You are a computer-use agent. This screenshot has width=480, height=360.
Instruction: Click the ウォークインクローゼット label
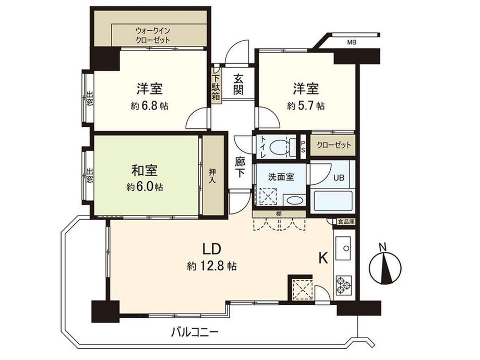pos(152,35)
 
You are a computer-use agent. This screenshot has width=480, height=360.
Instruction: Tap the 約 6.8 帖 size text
pos(149,106)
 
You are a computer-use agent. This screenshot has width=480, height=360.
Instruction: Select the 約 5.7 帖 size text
pos(306,106)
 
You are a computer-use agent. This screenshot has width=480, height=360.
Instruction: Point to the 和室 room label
pos(145,171)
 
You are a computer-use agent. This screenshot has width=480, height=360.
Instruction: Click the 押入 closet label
pos(212,175)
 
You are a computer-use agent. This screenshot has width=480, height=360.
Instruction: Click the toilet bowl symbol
pos(278,146)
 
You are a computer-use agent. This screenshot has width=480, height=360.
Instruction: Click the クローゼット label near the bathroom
pos(333,145)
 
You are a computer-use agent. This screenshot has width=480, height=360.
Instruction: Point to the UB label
pos(339,177)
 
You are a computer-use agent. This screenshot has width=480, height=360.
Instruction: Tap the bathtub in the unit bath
pos(333,201)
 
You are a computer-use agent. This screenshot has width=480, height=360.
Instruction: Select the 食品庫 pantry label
pos(346,222)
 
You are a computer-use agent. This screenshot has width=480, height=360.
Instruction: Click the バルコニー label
pos(195,332)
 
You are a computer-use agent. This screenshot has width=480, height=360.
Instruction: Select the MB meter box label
pos(352,43)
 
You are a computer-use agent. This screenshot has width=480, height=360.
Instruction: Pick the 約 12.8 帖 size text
pos(212,266)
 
